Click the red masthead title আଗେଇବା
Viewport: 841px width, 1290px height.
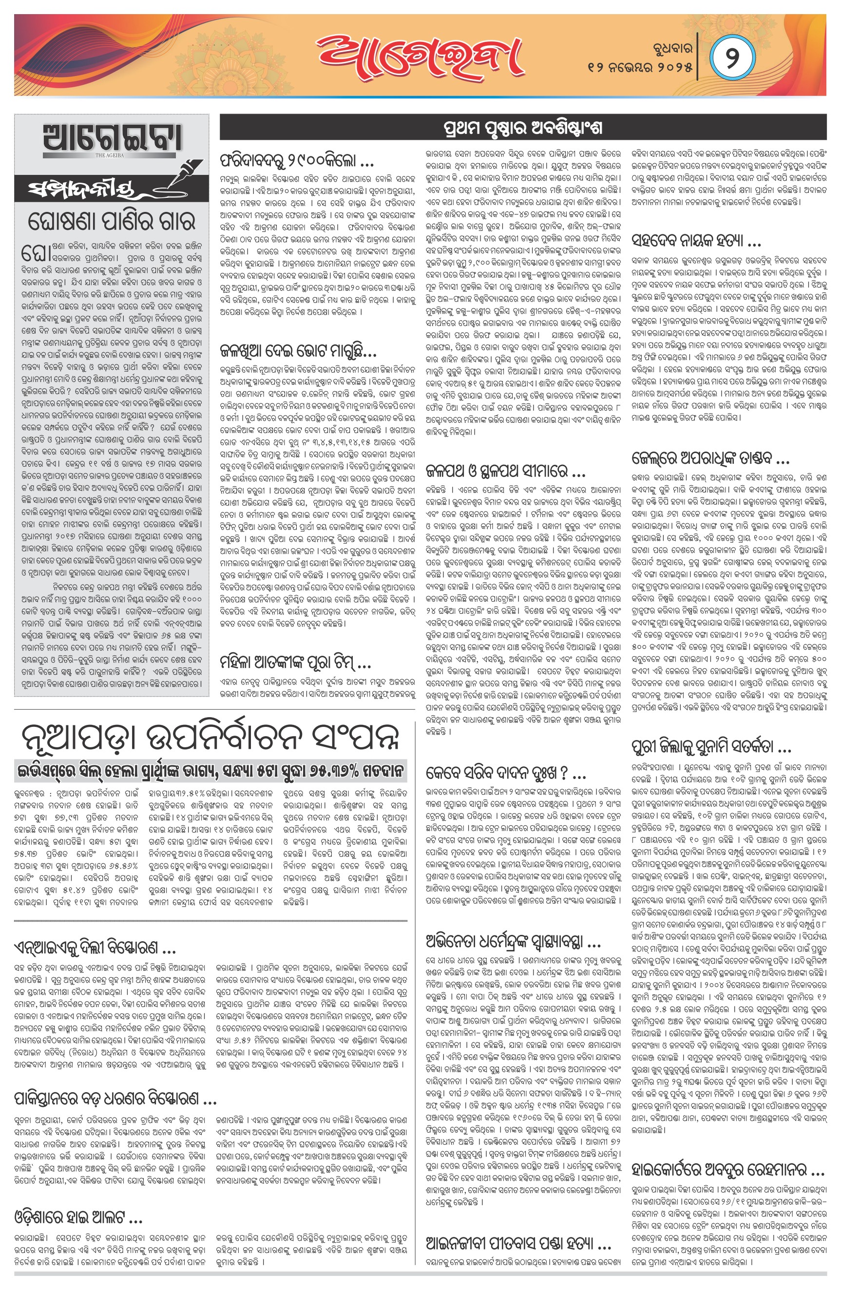click(x=420, y=57)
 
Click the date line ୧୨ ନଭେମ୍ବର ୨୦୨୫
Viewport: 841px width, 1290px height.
click(x=640, y=68)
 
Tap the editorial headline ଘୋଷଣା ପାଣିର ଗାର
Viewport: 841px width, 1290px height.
click(x=111, y=221)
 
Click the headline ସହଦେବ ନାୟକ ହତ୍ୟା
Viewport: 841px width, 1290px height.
click(x=696, y=240)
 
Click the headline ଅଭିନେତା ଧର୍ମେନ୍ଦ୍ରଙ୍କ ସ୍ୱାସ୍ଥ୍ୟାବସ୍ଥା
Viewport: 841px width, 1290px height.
click(x=513, y=942)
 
